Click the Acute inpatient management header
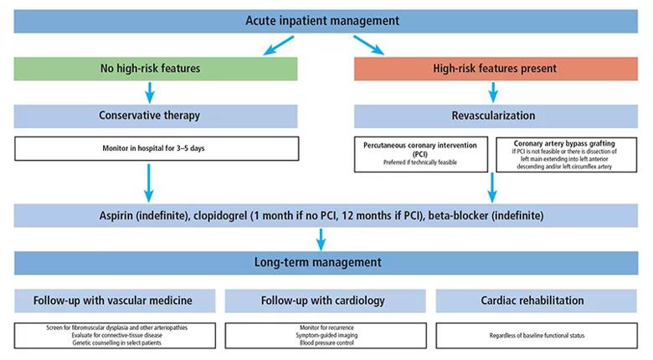pyautogui.click(x=326, y=21)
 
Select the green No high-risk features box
pyautogui.click(x=156, y=69)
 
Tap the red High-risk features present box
pyautogui.click(x=496, y=69)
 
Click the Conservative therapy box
pyautogui.click(x=156, y=116)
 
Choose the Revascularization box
pyautogui.click(x=496, y=116)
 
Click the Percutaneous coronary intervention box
pyautogui.click(x=420, y=154)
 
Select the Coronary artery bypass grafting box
pyautogui.click(x=567, y=155)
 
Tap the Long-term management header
pyautogui.click(x=326, y=263)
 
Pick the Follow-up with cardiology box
pyautogui.click(x=326, y=301)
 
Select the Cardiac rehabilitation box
pyautogui.click(x=537, y=301)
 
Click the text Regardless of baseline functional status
pyautogui.click(x=537, y=336)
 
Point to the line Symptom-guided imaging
pyautogui.click(x=326, y=336)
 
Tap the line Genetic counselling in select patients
pyautogui.click(x=116, y=343)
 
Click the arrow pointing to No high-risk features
pyautogui.click(x=279, y=45)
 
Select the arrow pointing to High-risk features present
pyautogui.click(x=369, y=45)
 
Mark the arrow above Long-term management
pyautogui.click(x=321, y=239)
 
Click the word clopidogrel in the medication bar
pyautogui.click(x=220, y=216)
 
